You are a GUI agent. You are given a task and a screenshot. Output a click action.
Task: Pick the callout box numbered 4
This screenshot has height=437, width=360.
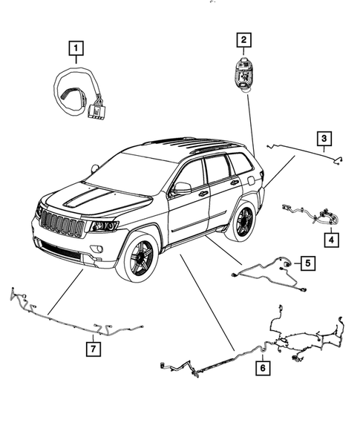[330, 240]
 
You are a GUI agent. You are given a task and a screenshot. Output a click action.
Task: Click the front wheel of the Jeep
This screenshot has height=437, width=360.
[139, 256]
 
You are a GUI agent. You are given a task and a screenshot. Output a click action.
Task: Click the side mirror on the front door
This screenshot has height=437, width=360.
[181, 188]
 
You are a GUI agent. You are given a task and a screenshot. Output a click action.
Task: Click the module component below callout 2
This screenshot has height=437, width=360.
[243, 73]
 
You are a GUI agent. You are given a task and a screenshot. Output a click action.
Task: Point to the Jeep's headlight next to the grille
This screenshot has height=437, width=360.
[104, 226]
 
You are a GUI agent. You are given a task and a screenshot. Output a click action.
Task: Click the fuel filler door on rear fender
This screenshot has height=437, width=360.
[250, 179]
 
